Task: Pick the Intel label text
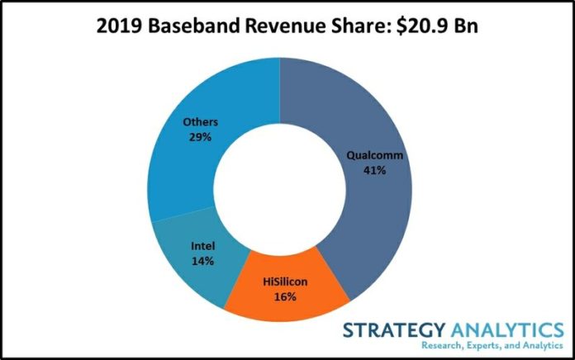[x=202, y=246]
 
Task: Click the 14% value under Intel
[x=202, y=261]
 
